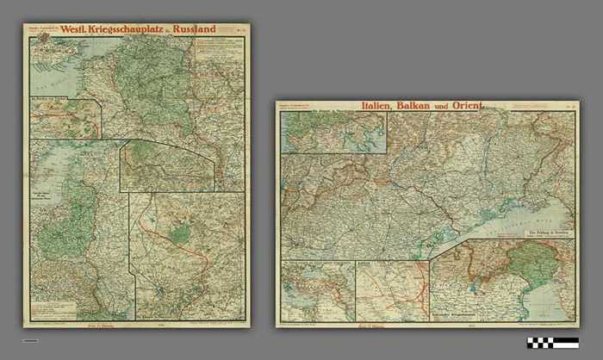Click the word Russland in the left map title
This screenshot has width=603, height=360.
click(x=194, y=29)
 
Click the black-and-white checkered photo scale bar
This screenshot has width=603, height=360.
click(x=552, y=342)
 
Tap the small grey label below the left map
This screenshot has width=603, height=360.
click(x=30, y=341)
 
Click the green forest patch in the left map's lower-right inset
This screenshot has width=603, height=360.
click(x=180, y=233)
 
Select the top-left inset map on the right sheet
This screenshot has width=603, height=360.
click(x=333, y=133)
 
